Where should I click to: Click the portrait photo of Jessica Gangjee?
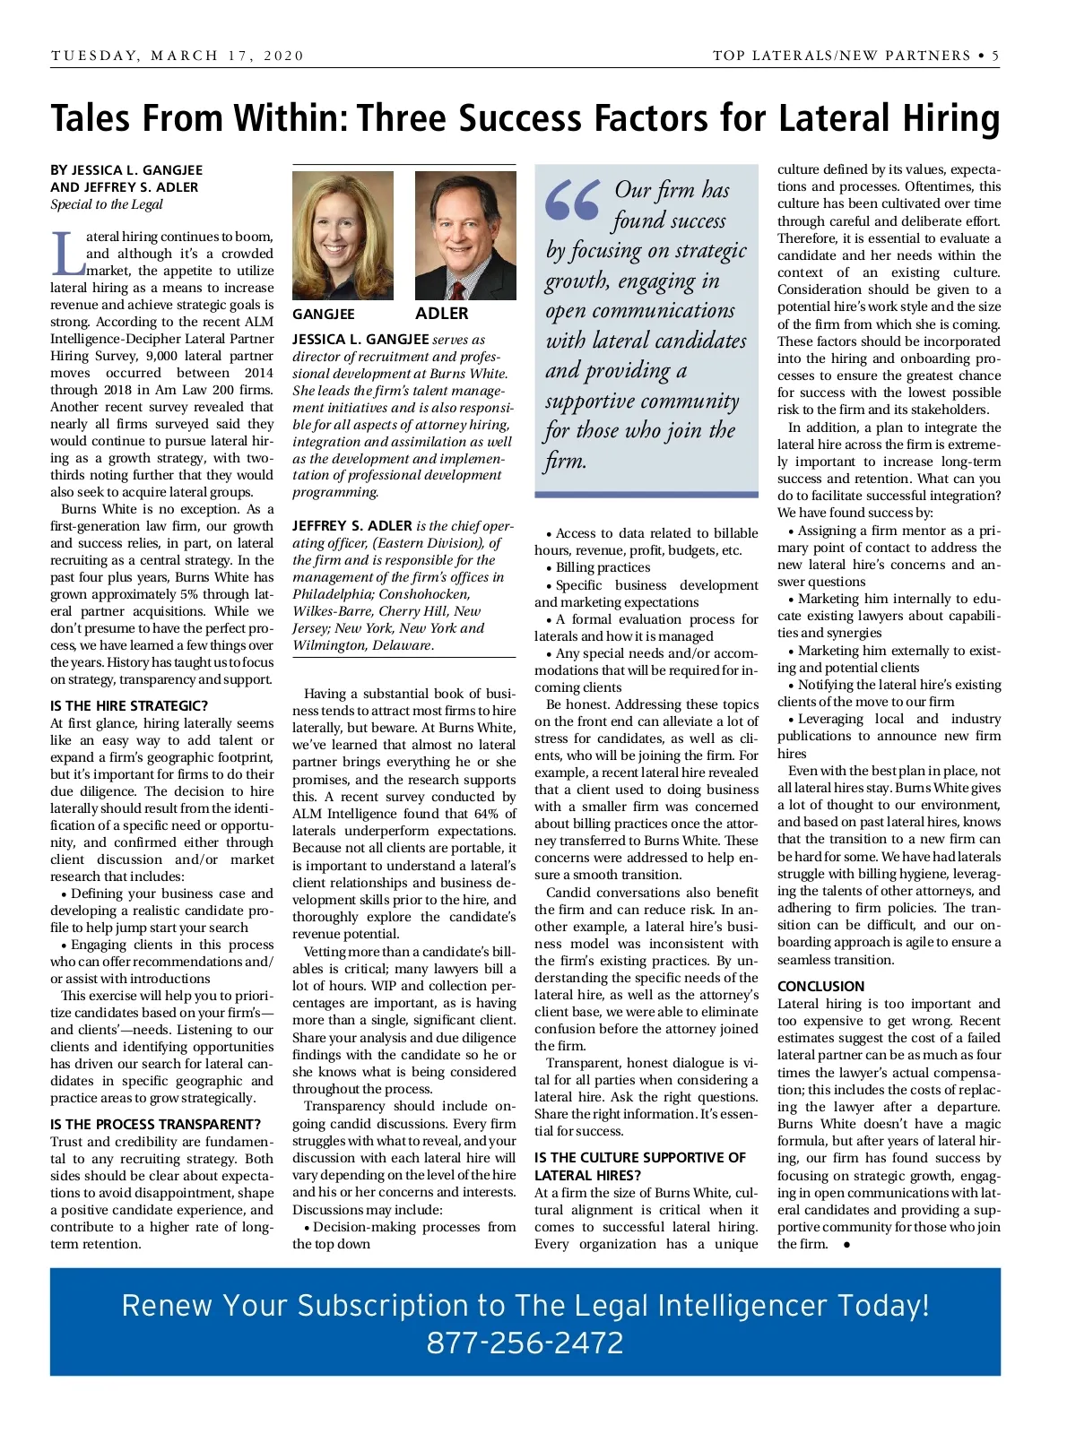pos(343,236)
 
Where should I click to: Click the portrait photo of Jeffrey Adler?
pos(464,236)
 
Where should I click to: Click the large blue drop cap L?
pos(66,254)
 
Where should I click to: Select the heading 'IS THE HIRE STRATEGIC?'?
pos(129,706)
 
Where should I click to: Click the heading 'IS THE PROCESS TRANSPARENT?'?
pos(155,1125)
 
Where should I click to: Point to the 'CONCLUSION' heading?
pos(820,987)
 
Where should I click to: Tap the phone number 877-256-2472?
pos(525,1343)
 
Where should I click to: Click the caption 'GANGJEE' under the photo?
pos(324,315)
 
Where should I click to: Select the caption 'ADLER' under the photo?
pos(441,314)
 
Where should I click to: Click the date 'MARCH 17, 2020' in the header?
pos(228,56)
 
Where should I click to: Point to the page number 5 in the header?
pos(995,56)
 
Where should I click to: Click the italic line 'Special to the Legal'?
pos(107,204)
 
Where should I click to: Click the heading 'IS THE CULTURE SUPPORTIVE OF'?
pos(640,1158)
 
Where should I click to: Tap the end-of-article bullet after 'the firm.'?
pos(846,1244)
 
